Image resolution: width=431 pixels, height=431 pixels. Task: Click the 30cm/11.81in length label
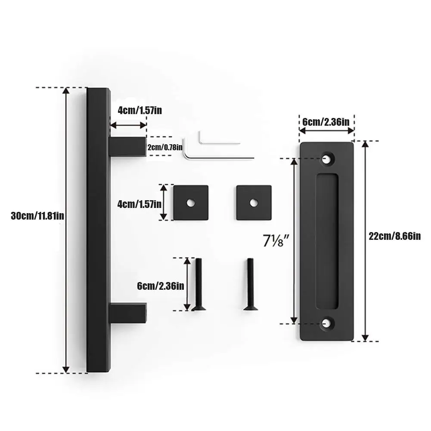37,216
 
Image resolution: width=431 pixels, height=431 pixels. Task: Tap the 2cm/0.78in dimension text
165,147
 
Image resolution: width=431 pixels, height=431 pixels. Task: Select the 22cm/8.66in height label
394,236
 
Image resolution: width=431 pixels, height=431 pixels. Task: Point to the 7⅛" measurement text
276,241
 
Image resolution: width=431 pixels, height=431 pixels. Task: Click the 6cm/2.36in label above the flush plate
326,122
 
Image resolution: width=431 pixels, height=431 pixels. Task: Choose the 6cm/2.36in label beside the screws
161,286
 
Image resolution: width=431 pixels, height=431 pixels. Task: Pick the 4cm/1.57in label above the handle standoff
140,111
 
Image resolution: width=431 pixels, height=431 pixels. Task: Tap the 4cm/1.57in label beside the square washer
140,204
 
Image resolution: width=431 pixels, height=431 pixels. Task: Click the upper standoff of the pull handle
128,147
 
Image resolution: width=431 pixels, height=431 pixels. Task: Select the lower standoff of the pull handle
128,313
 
